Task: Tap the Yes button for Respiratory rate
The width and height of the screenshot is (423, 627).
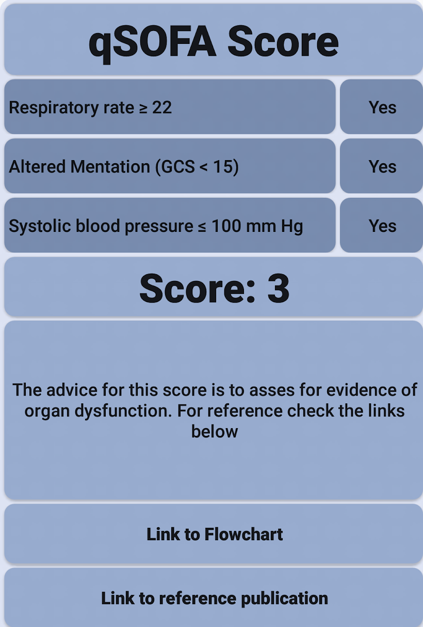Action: [x=381, y=106]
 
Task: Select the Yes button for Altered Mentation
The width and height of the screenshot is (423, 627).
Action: [x=381, y=166]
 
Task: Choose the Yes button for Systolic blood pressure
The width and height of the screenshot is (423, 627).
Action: [x=381, y=225]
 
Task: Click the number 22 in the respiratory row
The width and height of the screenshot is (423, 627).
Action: [x=161, y=107]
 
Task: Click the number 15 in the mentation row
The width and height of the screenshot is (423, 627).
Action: [x=222, y=166]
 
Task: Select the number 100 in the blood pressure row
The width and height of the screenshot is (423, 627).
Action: [x=226, y=226]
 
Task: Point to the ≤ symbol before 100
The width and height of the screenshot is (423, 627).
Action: [x=202, y=226]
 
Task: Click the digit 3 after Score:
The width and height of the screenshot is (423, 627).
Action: [x=279, y=288]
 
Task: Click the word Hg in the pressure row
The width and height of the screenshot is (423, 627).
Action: [x=292, y=226]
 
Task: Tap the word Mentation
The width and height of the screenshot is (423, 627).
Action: [x=110, y=166]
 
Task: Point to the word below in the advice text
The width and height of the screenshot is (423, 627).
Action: [x=215, y=431]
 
